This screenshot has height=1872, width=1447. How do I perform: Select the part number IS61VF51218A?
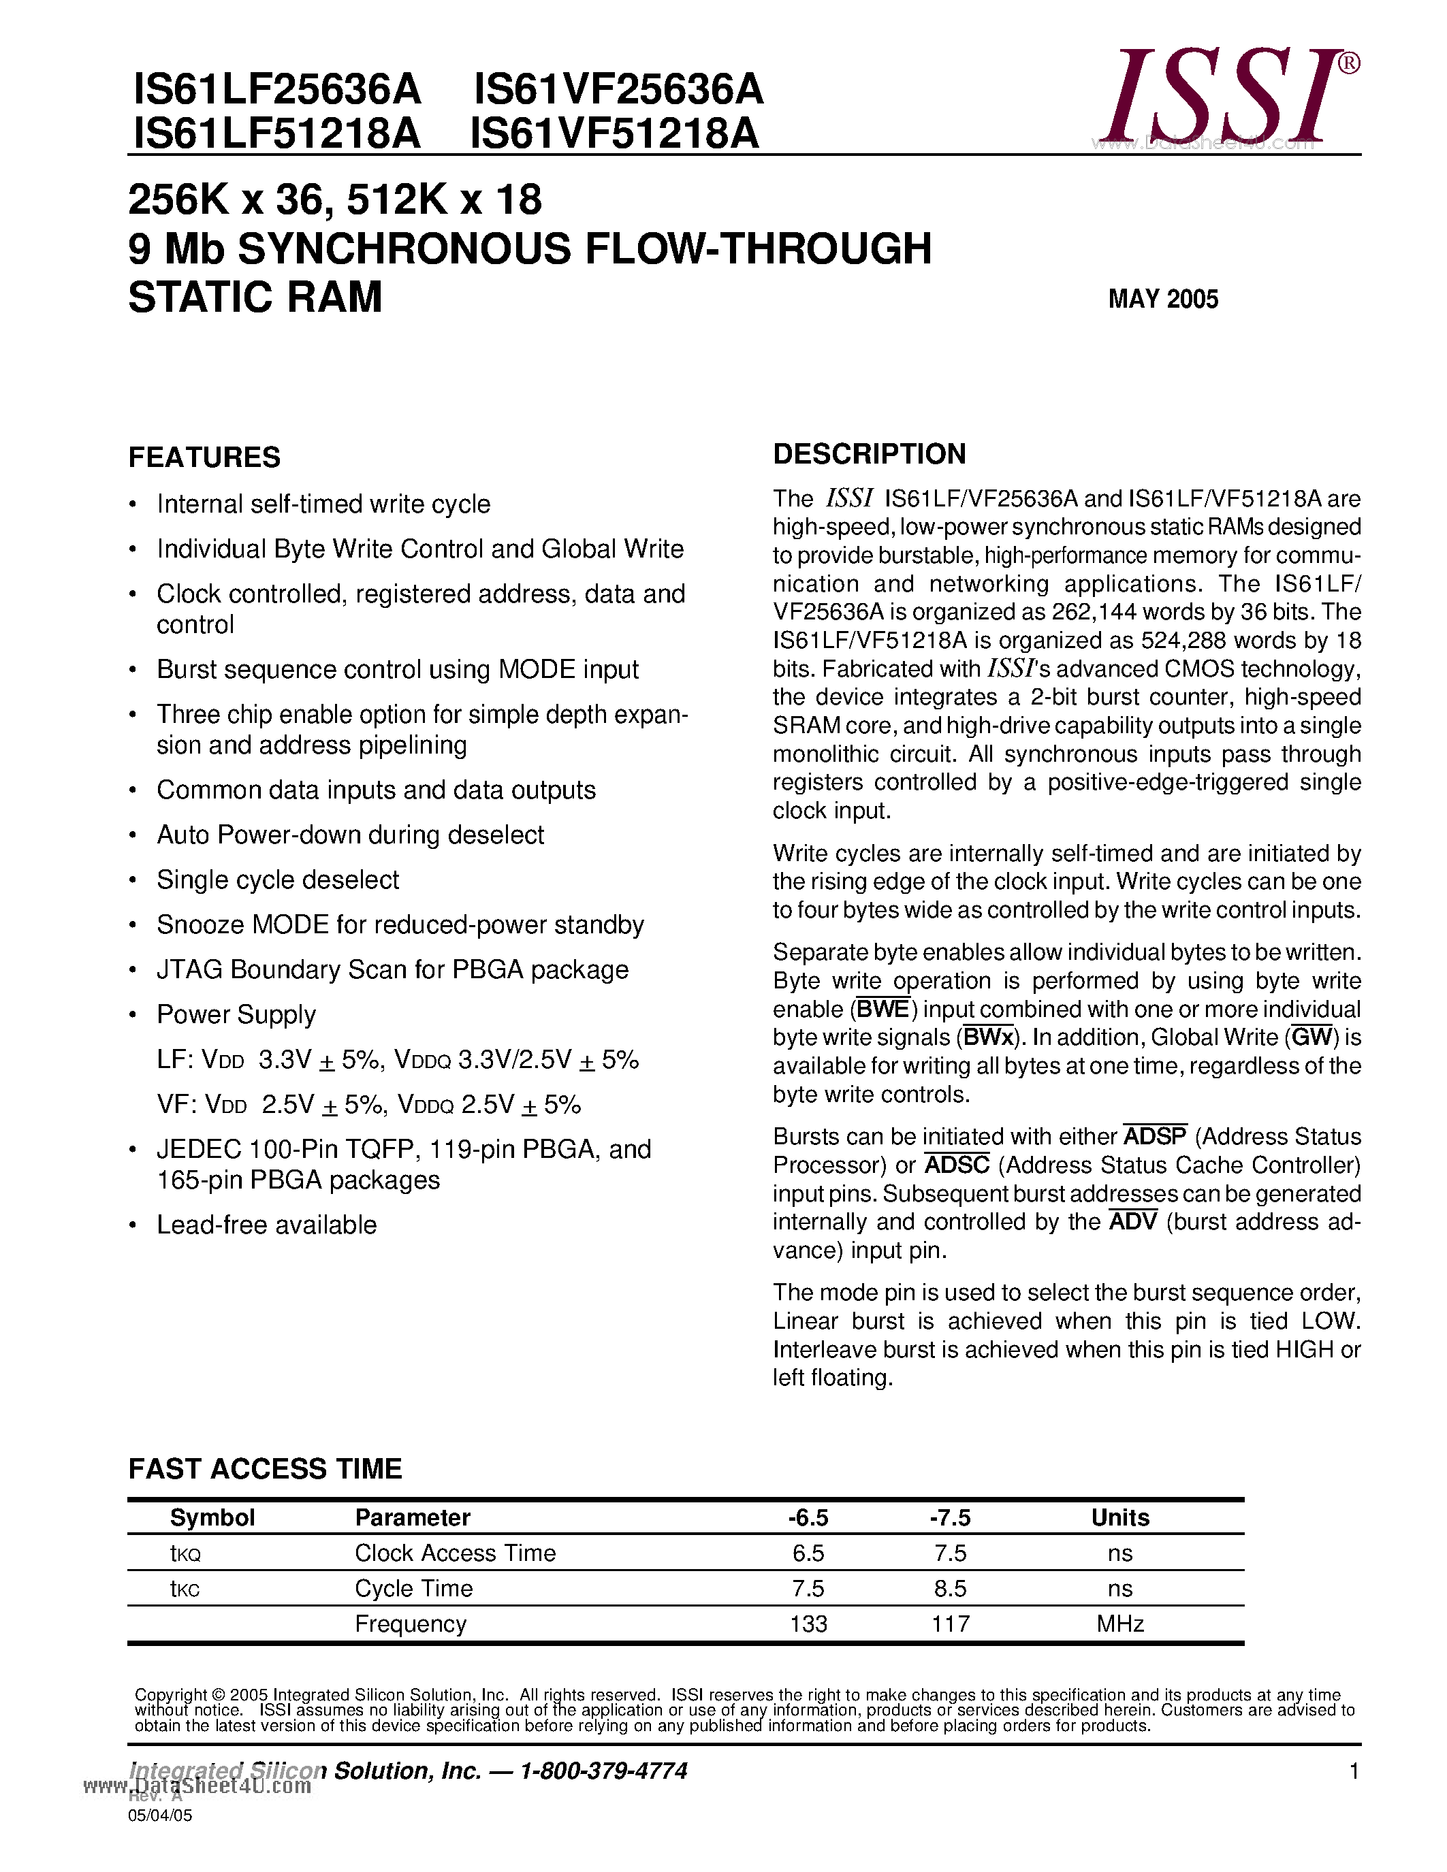point(615,133)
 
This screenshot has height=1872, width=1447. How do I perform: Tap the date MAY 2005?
point(1162,299)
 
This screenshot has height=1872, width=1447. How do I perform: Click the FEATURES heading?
point(204,457)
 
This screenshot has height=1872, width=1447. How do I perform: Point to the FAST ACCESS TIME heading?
point(265,1469)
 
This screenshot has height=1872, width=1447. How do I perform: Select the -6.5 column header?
point(808,1518)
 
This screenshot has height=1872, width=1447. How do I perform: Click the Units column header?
point(1119,1518)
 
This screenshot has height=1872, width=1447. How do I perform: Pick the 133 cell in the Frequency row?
point(808,1624)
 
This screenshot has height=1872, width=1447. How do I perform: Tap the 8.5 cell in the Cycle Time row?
point(950,1588)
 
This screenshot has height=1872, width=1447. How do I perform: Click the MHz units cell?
point(1119,1624)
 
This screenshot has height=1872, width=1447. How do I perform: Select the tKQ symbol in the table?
point(185,1554)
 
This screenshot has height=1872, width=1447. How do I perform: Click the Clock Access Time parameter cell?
point(455,1553)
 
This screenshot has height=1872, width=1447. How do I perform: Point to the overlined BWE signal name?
point(883,1009)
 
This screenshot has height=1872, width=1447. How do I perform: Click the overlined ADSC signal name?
point(957,1165)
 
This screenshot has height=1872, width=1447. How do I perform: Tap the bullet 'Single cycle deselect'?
point(278,879)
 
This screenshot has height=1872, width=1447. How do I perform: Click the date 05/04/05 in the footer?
point(160,1815)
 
